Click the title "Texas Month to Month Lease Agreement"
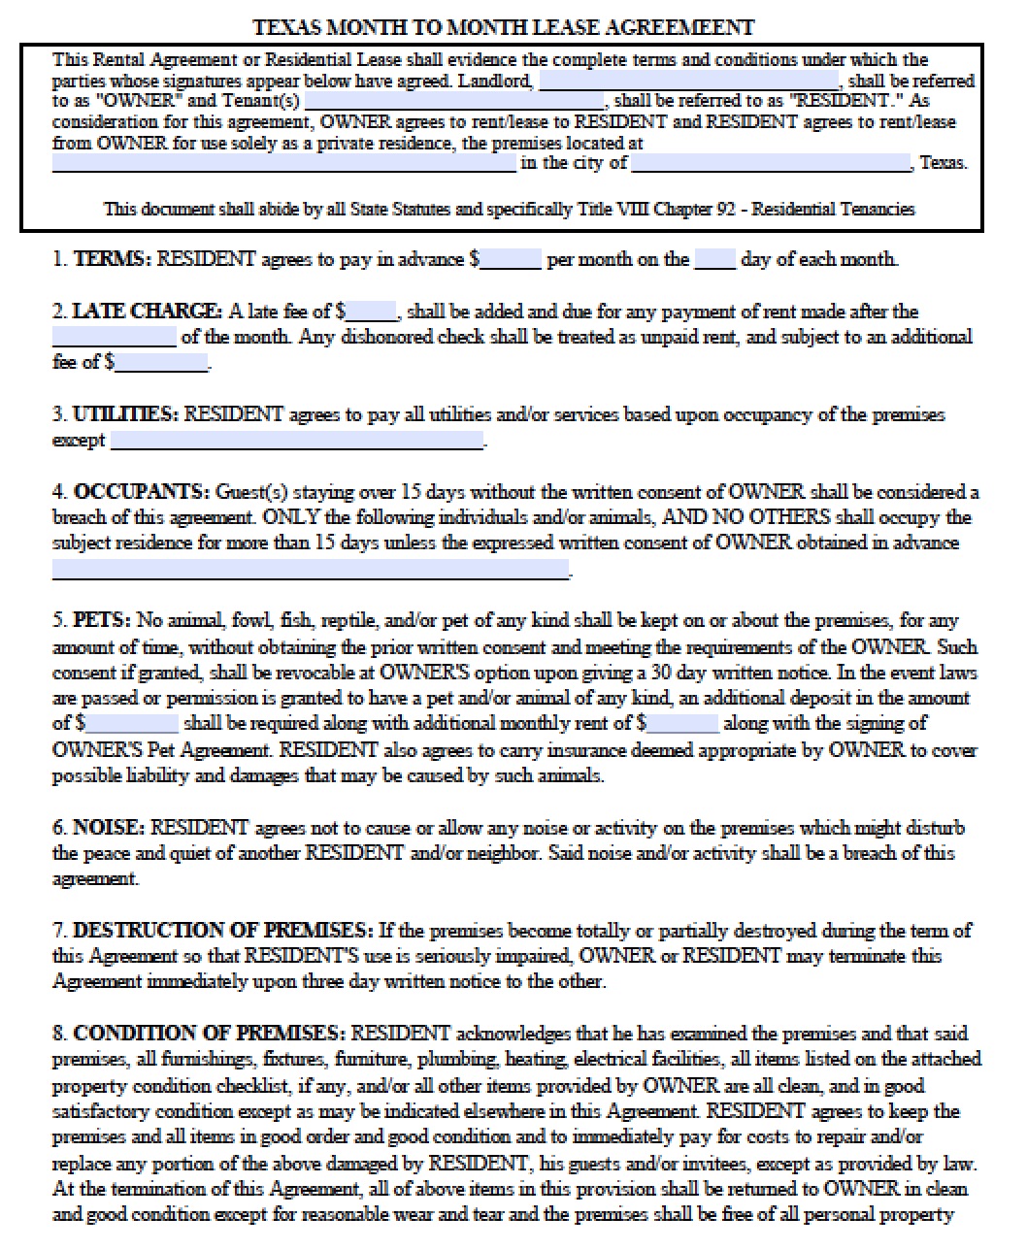pyautogui.click(x=503, y=27)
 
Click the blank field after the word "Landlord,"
pyautogui.click(x=688, y=81)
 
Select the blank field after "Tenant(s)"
pyautogui.click(x=455, y=101)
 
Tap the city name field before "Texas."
pyautogui.click(x=772, y=163)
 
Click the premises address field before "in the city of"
pyautogui.click(x=283, y=163)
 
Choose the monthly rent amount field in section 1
pyautogui.click(x=511, y=259)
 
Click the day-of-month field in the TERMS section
pyautogui.click(x=715, y=259)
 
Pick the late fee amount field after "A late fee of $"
pyautogui.click(x=372, y=312)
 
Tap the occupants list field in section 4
pyautogui.click(x=310, y=569)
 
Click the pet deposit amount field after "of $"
pyautogui.click(x=132, y=723)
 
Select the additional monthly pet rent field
pyautogui.click(x=682, y=723)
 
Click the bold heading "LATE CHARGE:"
pyautogui.click(x=148, y=312)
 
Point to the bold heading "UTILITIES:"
pyautogui.click(x=126, y=414)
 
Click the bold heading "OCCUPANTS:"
pyautogui.click(x=142, y=492)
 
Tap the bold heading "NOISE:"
pyautogui.click(x=110, y=828)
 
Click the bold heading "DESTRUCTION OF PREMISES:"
pyautogui.click(x=222, y=930)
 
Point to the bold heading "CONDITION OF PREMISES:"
pyautogui.click(x=209, y=1033)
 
